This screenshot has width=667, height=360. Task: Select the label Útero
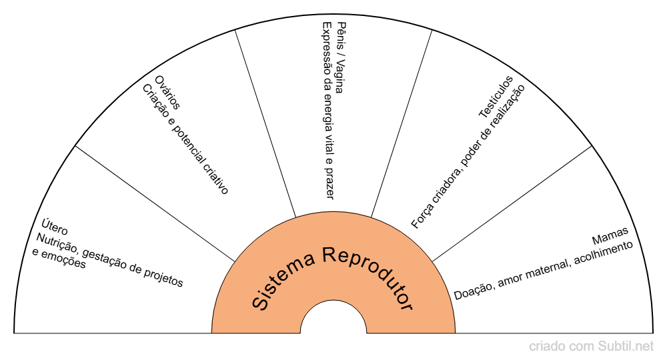[x=55, y=227]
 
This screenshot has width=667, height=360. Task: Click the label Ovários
[x=167, y=92]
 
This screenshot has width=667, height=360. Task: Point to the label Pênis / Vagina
[x=340, y=57]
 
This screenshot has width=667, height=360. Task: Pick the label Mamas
[x=610, y=236]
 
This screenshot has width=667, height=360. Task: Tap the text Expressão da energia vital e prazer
[x=327, y=111]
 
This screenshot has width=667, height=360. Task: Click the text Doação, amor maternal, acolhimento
[x=543, y=269]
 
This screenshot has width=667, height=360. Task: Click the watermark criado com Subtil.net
[x=591, y=346]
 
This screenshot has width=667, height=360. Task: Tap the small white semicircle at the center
[x=333, y=320]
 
